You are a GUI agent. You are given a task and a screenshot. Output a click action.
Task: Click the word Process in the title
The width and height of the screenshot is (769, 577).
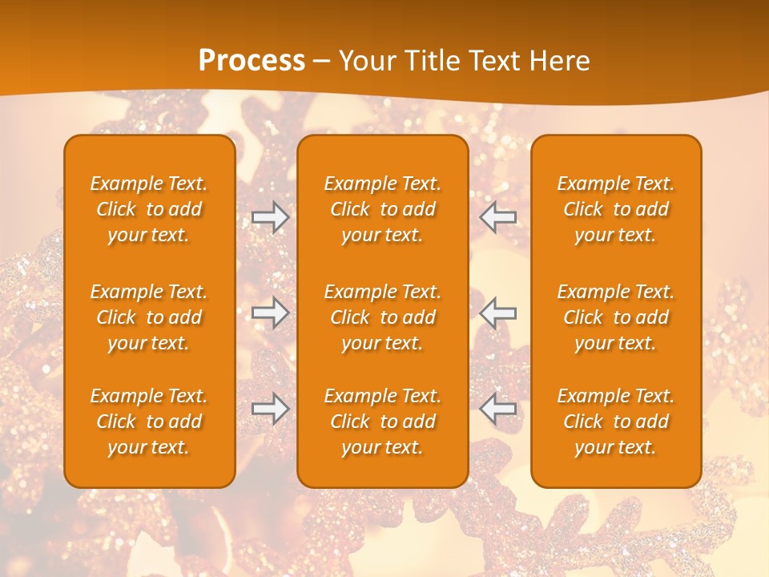click(252, 61)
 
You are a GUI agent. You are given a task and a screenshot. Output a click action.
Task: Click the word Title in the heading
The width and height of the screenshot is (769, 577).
click(432, 61)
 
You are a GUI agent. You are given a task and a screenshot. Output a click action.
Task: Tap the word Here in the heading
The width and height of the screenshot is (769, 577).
click(560, 61)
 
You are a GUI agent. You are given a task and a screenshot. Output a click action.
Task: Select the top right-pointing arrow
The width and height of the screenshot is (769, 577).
click(271, 217)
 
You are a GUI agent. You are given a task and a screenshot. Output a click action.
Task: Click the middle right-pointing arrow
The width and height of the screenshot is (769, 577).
click(271, 313)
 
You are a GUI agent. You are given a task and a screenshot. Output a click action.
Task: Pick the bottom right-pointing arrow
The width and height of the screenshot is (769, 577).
click(271, 409)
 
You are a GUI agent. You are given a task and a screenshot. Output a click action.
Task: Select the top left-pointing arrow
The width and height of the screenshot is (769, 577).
click(498, 217)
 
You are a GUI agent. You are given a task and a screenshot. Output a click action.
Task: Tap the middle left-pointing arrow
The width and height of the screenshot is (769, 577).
click(498, 313)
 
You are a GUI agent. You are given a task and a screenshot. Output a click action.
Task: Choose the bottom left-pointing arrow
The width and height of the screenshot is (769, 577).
click(498, 409)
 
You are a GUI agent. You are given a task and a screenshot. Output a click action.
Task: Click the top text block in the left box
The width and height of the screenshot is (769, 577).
click(149, 209)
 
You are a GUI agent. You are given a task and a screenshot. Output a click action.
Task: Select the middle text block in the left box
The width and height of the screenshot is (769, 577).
click(149, 317)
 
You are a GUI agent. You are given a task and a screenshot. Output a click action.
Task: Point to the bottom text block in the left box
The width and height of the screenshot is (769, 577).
click(149, 422)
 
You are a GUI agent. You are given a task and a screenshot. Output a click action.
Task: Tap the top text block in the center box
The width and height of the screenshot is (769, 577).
click(383, 209)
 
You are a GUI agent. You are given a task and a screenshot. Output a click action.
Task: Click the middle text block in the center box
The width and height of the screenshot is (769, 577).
click(383, 317)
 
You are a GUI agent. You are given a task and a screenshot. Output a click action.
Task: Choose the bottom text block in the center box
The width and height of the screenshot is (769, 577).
click(383, 422)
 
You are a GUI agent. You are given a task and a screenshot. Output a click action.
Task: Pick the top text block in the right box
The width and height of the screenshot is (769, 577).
click(616, 209)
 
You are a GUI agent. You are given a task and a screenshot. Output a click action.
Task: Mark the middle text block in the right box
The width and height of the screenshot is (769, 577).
click(616, 317)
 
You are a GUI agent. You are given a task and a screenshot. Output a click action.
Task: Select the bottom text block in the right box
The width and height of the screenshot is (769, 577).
click(616, 422)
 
